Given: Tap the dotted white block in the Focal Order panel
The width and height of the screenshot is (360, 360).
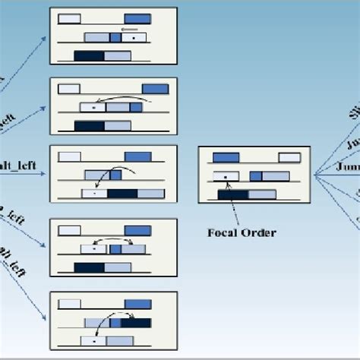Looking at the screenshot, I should point(226,177).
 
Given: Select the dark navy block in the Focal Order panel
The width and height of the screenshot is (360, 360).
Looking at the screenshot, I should point(232,194).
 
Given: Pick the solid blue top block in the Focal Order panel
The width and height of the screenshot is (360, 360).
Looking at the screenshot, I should point(226,158).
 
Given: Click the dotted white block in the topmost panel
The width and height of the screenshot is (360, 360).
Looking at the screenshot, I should point(134,37).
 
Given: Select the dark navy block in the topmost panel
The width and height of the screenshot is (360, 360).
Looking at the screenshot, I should point(89,55).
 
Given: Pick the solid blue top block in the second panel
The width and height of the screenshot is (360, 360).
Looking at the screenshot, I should point(155,88).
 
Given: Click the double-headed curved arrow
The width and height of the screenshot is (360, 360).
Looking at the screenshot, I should point(113,240).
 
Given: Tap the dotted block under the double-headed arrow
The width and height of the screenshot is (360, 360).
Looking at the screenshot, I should point(93,248).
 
